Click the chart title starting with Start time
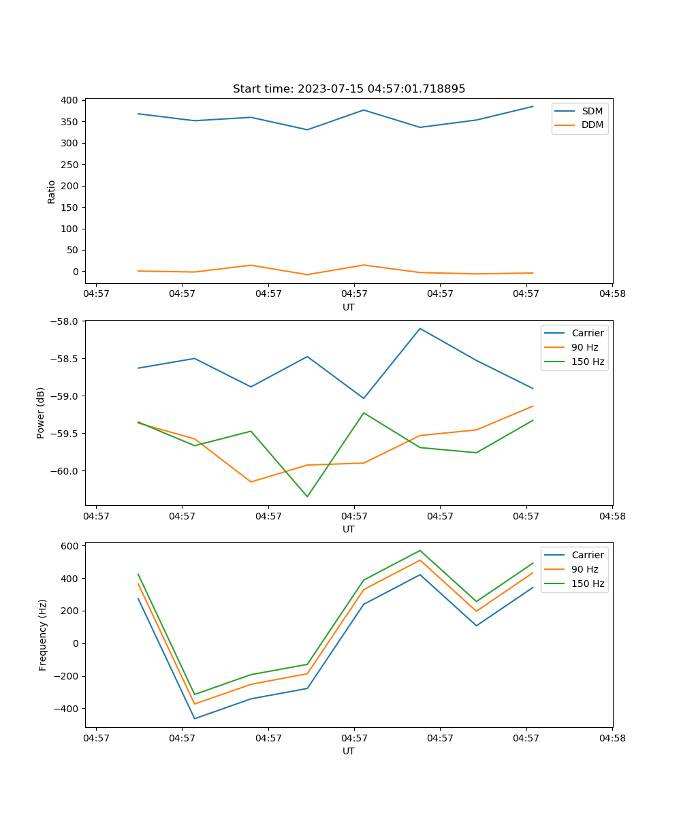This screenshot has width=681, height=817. [349, 89]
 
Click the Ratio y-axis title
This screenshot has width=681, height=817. [52, 191]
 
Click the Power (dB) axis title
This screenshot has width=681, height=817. [41, 413]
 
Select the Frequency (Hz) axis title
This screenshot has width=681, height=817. [43, 635]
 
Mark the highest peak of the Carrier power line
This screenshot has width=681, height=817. [420, 328]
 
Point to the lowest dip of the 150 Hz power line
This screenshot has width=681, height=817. [307, 496]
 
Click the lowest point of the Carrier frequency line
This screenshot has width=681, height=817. [195, 718]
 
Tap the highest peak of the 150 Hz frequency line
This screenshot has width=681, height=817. [420, 550]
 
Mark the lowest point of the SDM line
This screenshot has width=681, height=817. [307, 130]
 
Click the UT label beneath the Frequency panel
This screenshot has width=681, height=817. [349, 751]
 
